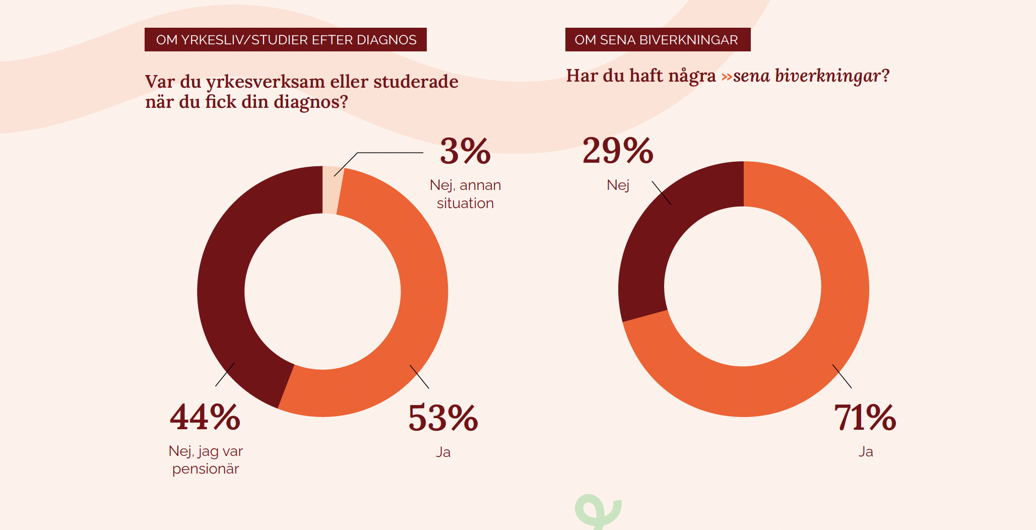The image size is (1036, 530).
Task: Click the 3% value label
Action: coord(465,151)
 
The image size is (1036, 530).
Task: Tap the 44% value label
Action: coord(205,417)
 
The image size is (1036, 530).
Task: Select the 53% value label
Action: coord(443,418)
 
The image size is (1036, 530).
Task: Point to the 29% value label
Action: coord(618,151)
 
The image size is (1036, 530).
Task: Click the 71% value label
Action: coord(865,418)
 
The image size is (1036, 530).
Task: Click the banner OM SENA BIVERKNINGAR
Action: coord(658,40)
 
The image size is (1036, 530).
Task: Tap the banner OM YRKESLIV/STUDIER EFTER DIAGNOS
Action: coord(286,40)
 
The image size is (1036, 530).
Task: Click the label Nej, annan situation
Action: coord(465,194)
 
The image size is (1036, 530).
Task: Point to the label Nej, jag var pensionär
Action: coord(206,459)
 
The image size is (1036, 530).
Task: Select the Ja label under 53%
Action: coord(443,452)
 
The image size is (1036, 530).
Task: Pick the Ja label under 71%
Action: coord(866,451)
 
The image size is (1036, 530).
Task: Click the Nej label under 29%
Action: coord(618,185)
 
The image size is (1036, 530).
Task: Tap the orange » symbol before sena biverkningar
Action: coord(727,77)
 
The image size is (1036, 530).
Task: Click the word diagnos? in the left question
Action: coord(310,102)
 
